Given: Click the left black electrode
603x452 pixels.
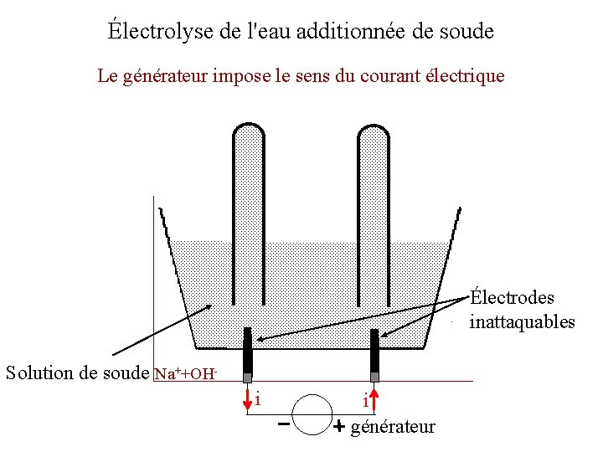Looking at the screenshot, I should pyautogui.click(x=248, y=352).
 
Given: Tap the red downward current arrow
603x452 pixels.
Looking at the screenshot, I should pyautogui.click(x=248, y=399).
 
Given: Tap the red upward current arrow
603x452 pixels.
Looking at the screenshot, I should pyautogui.click(x=374, y=399).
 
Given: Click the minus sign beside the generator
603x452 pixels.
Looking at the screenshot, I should pyautogui.click(x=284, y=424).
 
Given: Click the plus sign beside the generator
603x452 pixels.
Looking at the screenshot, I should pyautogui.click(x=338, y=427).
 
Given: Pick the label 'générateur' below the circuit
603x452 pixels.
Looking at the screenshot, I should pyautogui.click(x=393, y=427).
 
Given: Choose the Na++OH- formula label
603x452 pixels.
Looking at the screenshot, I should pyautogui.click(x=187, y=372).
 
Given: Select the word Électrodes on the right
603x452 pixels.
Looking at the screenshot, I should pyautogui.click(x=512, y=297).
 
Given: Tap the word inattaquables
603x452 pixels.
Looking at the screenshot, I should pyautogui.click(x=522, y=321).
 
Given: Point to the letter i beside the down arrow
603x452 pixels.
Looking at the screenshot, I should pyautogui.click(x=258, y=398).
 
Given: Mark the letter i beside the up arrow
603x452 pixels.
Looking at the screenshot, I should pyautogui.click(x=365, y=403).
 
